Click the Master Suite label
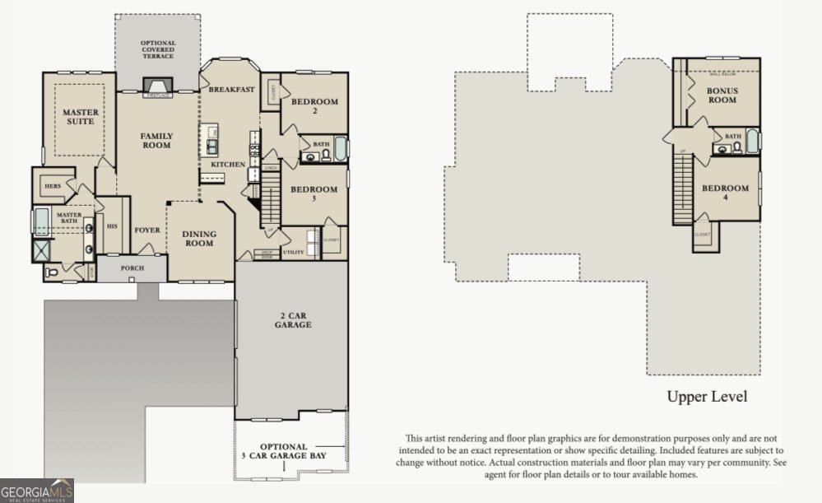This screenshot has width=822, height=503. point(79,116)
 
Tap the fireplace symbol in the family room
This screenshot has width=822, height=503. point(156,88)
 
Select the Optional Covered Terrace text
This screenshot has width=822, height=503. point(157,50)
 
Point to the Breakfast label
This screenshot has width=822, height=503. point(230,89)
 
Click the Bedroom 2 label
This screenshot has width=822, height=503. point(314,106)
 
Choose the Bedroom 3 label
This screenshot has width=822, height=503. point(313,194)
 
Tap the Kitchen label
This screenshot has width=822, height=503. point(228,165)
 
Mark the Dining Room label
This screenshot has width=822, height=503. point(198,239)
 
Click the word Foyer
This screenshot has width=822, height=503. point(147,231)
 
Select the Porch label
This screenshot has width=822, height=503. point(132,268)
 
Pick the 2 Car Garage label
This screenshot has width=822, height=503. point(293,319)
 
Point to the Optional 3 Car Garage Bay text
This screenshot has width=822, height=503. point(285,451)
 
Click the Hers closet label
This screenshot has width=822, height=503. point(53,186)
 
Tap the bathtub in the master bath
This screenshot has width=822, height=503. point(41,222)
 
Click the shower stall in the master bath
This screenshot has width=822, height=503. point(41,250)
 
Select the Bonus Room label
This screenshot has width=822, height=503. point(722,95)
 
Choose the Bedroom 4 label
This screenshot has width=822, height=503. point(724,193)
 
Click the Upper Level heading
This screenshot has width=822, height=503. point(707,397)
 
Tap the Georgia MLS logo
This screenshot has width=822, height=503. point(37,491)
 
